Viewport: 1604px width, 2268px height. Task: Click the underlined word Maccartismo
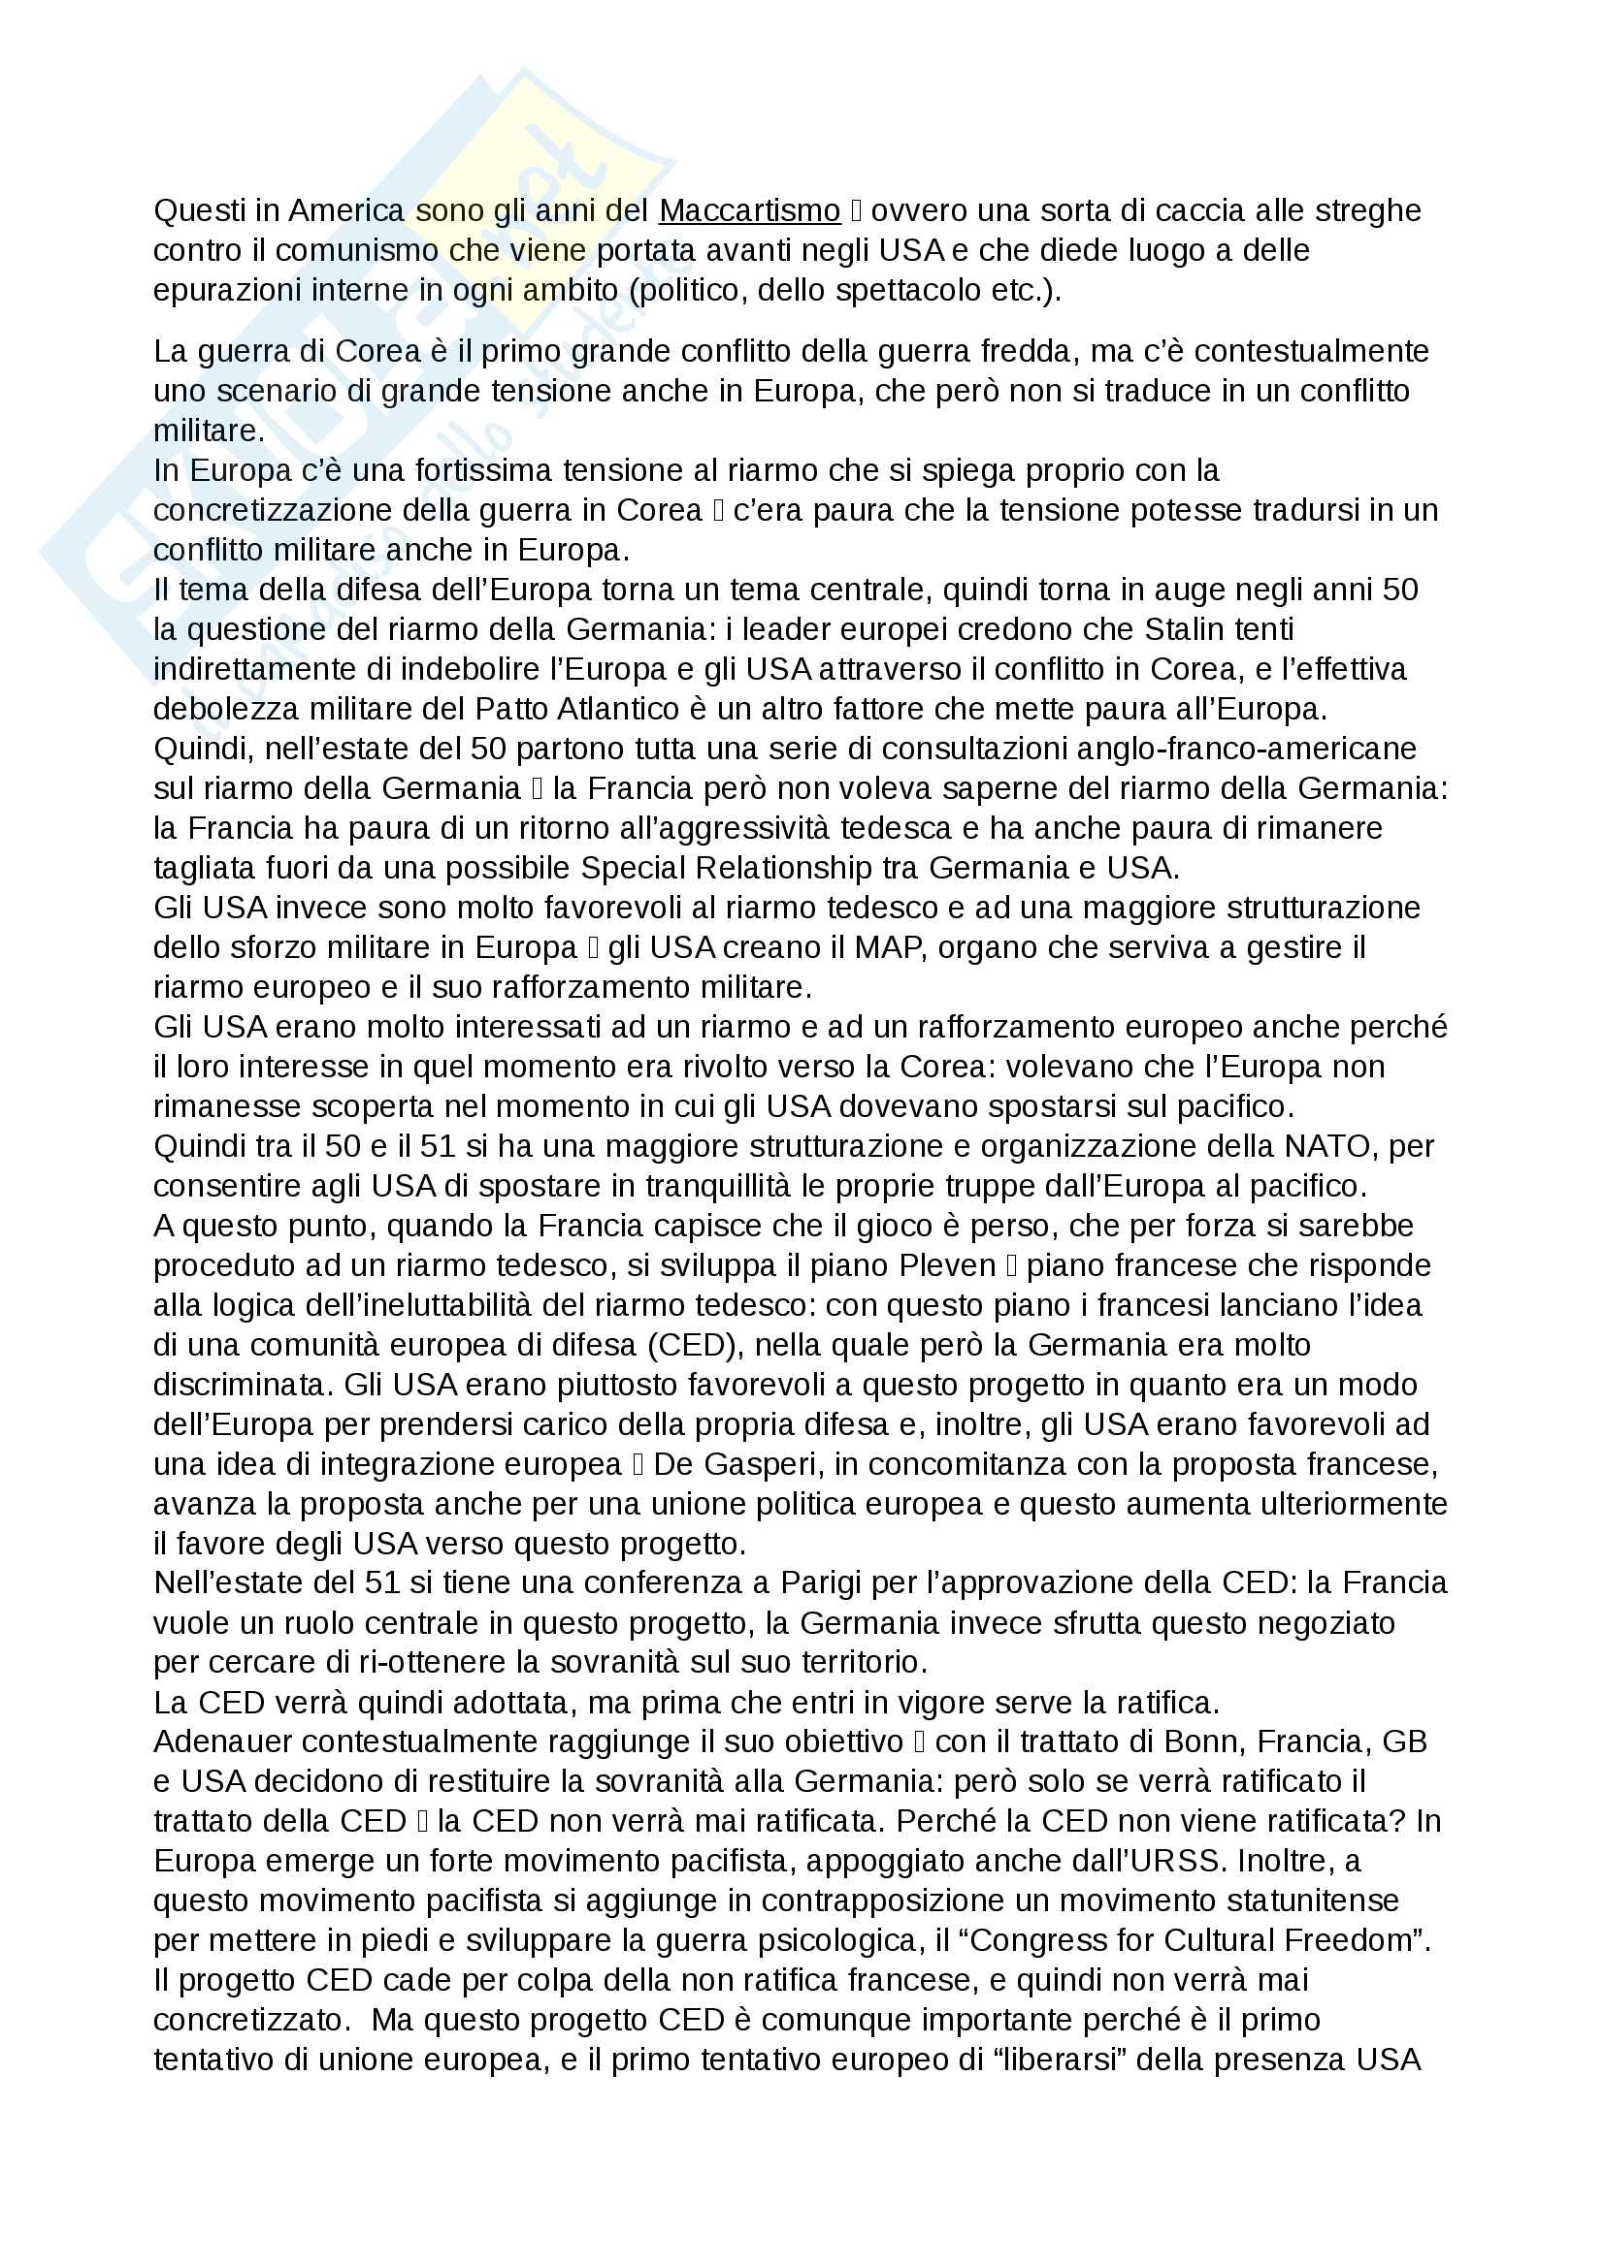[x=749, y=210]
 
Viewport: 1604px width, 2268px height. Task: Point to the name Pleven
[x=947, y=1265]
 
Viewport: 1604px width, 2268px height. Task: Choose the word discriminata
[x=239, y=1385]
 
